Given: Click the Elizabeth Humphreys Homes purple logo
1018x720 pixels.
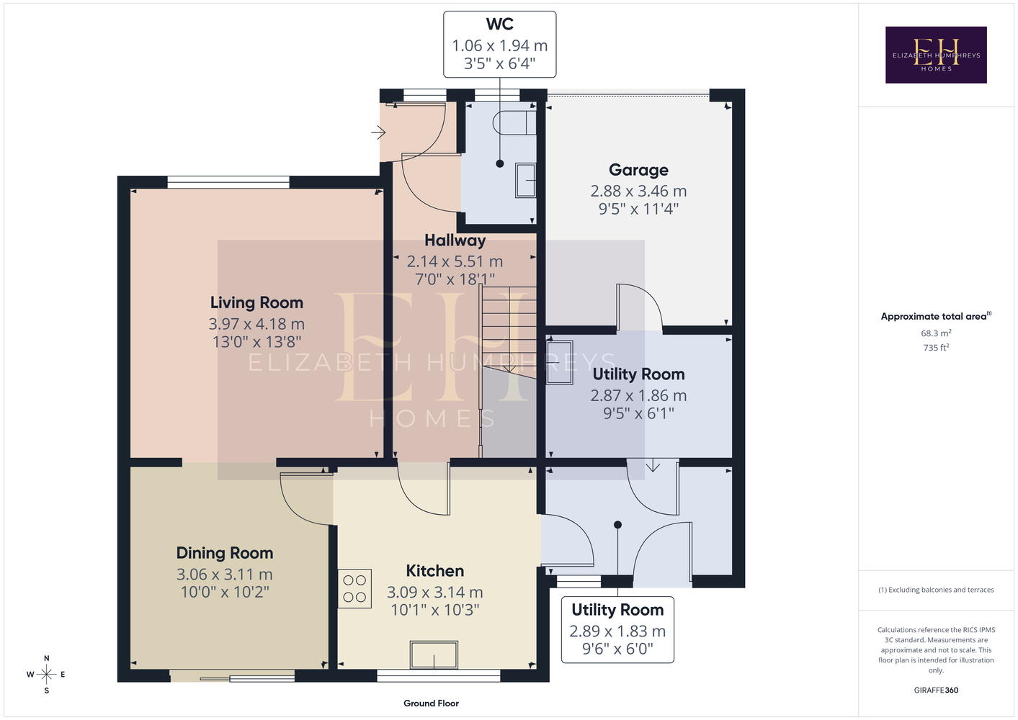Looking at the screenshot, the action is point(936,55).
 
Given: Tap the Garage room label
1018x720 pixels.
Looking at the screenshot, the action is point(638,170).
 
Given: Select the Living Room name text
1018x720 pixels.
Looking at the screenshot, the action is point(256,302).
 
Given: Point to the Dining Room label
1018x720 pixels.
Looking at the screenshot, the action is point(225,553).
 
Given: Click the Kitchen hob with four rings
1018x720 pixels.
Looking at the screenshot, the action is point(354,588).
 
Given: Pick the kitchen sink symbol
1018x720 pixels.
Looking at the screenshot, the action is point(434,654).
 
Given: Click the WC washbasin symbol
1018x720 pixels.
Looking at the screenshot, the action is point(525,180).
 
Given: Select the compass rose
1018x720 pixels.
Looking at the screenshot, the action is point(46,675).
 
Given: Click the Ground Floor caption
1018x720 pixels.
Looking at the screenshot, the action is point(432,703).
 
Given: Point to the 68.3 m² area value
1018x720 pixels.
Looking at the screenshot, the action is point(936,333).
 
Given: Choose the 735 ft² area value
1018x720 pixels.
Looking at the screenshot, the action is point(936,348).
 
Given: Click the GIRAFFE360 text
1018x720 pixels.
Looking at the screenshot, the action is point(936,690).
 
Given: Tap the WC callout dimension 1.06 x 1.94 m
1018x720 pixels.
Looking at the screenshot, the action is point(500,45).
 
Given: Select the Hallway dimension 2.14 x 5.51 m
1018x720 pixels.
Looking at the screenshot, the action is point(455,261).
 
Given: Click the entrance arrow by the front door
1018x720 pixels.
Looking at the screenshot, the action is point(378,132).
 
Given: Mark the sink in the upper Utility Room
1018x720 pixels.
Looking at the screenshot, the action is point(560,363).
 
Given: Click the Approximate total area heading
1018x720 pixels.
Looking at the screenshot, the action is point(936,316).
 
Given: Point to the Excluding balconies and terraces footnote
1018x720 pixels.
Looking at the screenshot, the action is point(936,590).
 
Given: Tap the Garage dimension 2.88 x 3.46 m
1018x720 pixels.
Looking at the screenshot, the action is point(638,191).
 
